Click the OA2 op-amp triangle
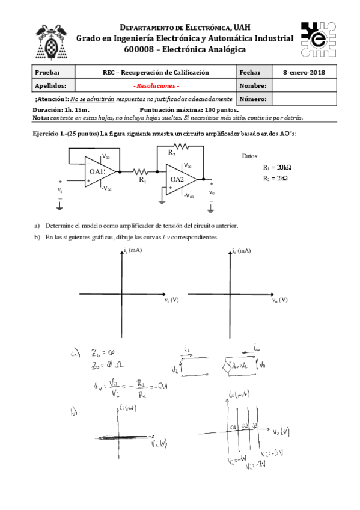coord(180,179)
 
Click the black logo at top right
coord(317,38)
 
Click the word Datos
coord(250,156)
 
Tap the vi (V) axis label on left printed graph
coord(171,299)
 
